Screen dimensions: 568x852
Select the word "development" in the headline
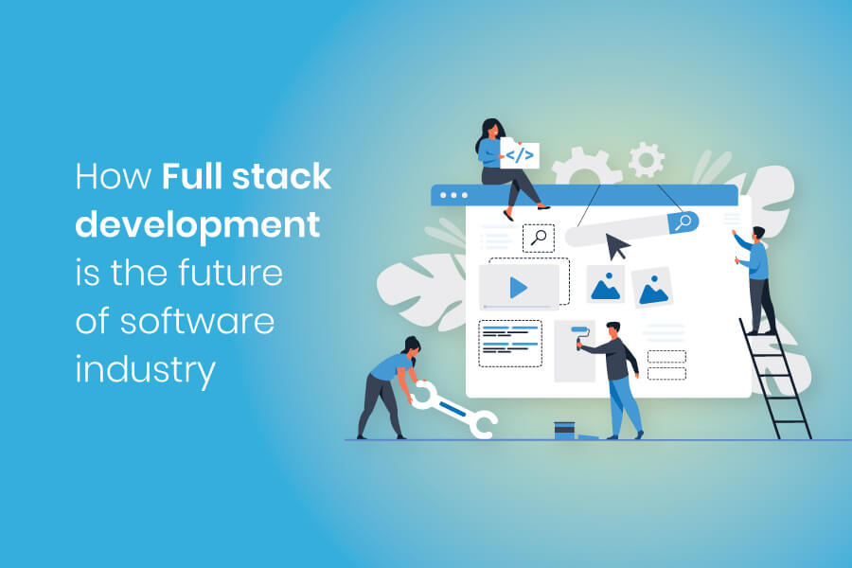pos(197,226)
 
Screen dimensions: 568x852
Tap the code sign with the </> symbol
pos(519,154)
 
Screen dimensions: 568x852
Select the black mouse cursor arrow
pos(616,246)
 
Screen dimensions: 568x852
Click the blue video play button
pos(517,286)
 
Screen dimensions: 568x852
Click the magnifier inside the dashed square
pos(539,238)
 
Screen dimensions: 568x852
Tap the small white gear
pos(646,159)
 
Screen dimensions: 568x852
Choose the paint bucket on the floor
pos(565,431)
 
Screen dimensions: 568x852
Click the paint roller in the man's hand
pos(578,336)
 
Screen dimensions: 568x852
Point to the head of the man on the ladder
pos(757,234)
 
